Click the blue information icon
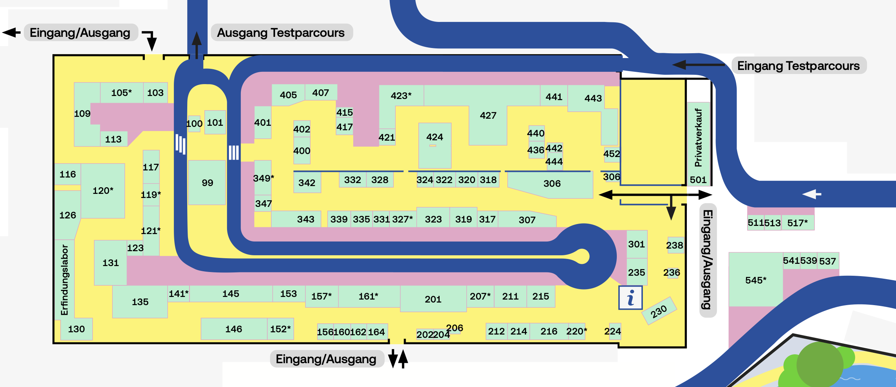630,298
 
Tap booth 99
207,183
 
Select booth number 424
434,137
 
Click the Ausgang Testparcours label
281,33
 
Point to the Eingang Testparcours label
798,66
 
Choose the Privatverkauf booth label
698,138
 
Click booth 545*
756,280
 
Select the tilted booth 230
659,311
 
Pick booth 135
140,302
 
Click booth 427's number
488,116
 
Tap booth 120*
103,191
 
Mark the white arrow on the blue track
811,194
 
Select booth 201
433,299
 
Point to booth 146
233,329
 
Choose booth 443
593,98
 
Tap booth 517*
797,223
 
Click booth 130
76,329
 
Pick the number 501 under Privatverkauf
698,180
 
